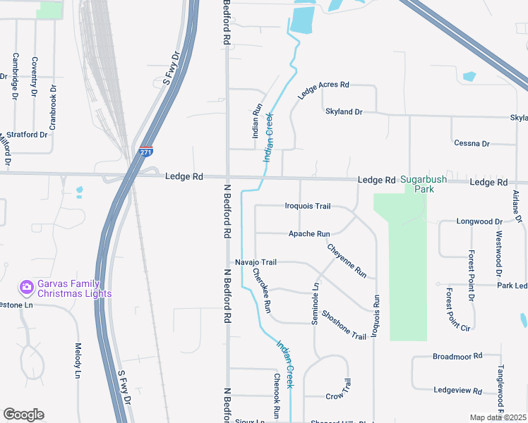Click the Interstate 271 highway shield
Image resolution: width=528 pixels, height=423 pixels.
[145, 151]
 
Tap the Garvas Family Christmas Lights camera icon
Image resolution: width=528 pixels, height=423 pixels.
[27, 287]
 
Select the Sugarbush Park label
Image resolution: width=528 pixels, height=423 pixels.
[424, 184]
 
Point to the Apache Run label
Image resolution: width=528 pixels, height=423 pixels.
[309, 233]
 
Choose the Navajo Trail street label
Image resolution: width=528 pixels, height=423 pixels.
[256, 262]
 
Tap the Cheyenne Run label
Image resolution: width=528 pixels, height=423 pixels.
[347, 260]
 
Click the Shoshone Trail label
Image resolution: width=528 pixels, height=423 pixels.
[344, 324]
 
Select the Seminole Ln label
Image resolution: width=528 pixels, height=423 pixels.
[316, 304]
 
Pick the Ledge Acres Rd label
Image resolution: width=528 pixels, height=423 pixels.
[323, 90]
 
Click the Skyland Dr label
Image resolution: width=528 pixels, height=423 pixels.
[343, 112]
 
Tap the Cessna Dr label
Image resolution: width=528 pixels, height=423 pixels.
[472, 144]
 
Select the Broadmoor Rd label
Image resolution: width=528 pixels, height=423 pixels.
[457, 356]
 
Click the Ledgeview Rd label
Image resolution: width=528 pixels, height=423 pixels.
[457, 391]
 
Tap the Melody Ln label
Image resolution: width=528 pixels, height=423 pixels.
[78, 360]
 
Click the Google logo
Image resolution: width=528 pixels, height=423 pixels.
[24, 415]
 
